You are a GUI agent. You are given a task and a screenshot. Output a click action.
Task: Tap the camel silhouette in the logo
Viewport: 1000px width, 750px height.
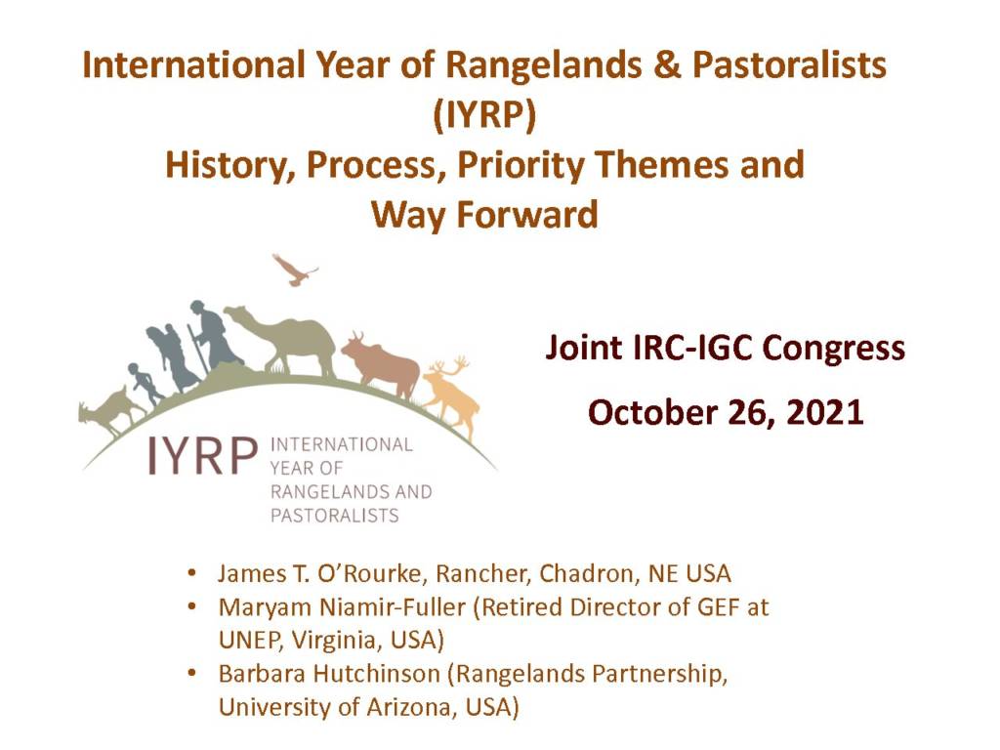pos(287,339)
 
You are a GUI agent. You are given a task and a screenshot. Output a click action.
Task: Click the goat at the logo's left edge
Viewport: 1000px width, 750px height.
pos(109,409)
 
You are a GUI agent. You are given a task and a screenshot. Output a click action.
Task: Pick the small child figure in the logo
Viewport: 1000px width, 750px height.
pos(145,384)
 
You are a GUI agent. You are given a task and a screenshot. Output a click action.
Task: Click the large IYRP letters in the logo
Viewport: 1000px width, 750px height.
pos(203,455)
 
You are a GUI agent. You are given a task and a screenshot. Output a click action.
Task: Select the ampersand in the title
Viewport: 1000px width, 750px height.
pos(667,65)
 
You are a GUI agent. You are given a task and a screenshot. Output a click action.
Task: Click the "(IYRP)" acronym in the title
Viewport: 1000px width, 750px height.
pos(484,115)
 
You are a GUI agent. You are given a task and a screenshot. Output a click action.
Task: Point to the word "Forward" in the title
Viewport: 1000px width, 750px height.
pos(527,214)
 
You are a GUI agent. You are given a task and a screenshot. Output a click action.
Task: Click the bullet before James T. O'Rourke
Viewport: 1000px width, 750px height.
pos(191,572)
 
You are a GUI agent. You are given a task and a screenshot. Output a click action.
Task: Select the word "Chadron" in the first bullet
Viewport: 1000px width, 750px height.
pos(588,573)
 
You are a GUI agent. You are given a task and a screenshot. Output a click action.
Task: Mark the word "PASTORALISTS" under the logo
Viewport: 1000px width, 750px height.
pos(335,515)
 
